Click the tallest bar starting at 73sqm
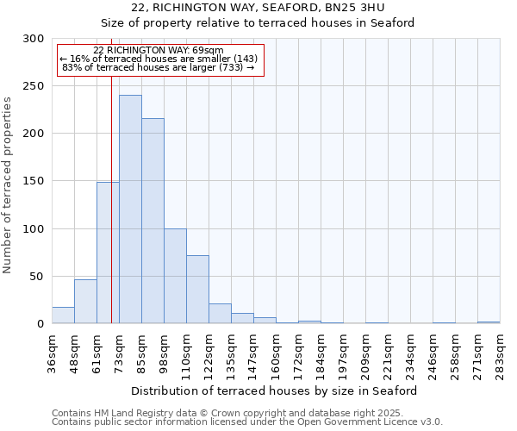(130, 209)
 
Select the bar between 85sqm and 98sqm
(153, 221)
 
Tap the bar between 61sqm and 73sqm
(108, 253)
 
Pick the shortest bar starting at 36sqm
(63, 315)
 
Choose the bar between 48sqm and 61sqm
(85, 302)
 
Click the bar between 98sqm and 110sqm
(175, 276)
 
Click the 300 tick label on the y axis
(34, 39)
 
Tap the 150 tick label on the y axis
(34, 182)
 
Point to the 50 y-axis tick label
(37, 277)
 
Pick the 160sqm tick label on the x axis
(277, 351)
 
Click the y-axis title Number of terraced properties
(8, 184)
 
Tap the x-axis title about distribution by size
(275, 390)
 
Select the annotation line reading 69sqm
(158, 50)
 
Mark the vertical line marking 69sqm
(111, 198)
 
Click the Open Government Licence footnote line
(247, 422)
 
